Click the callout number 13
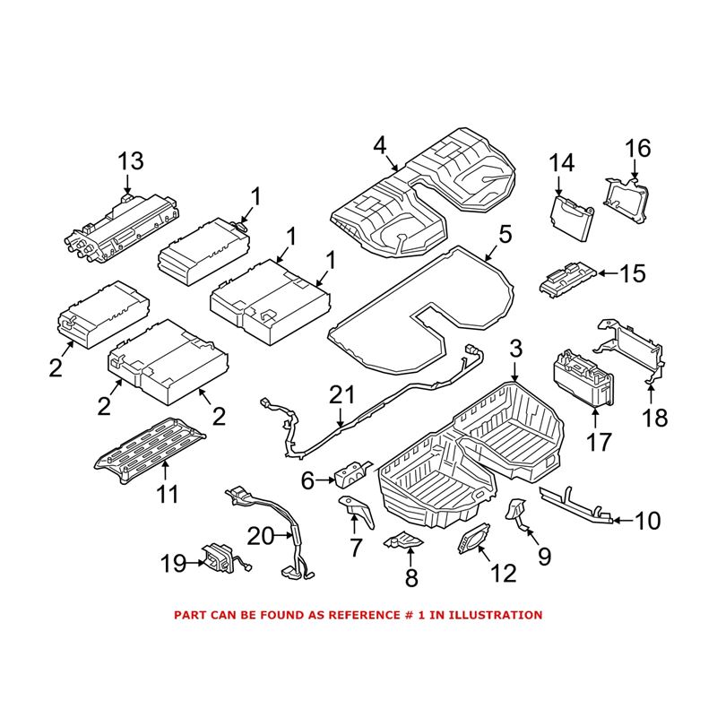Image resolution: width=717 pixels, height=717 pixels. coord(130,161)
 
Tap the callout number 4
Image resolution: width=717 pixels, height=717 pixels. coord(380,144)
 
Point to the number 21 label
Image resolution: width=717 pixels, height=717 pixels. coord(341,394)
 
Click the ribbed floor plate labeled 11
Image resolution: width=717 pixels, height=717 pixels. coord(150,446)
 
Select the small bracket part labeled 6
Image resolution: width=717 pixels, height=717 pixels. coord(352,471)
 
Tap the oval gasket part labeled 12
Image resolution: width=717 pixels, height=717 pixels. coord(472,541)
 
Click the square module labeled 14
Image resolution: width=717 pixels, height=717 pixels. coord(571,218)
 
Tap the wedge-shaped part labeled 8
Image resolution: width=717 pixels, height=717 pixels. coord(403,540)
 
